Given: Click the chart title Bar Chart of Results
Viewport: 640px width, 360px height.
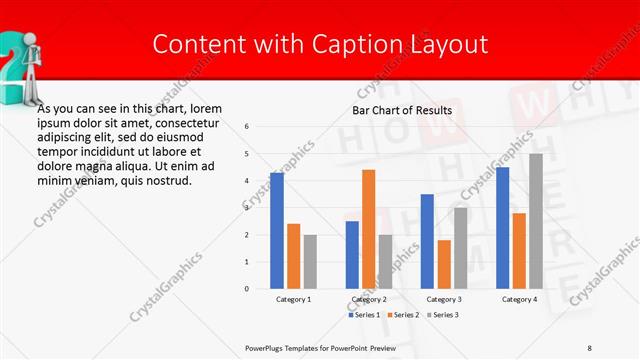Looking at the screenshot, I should pyautogui.click(x=401, y=110).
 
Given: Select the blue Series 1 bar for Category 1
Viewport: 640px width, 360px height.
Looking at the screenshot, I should pyautogui.click(x=277, y=231).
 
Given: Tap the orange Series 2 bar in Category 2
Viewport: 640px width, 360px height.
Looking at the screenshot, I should pyautogui.click(x=368, y=229).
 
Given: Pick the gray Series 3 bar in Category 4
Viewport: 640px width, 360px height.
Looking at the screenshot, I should pyautogui.click(x=536, y=221).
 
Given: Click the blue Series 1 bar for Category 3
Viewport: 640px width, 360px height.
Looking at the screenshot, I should pyautogui.click(x=427, y=241).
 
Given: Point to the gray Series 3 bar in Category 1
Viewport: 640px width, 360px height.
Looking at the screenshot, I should pyautogui.click(x=310, y=262).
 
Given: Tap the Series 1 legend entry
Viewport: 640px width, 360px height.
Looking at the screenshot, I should pyautogui.click(x=365, y=315).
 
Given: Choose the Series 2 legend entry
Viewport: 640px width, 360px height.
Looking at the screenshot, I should pyautogui.click(x=402, y=315).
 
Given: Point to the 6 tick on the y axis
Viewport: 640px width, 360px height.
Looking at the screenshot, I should pyautogui.click(x=247, y=127).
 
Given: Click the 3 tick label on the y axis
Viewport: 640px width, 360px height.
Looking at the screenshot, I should pyautogui.click(x=247, y=208).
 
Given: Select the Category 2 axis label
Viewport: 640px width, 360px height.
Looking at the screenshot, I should pyautogui.click(x=368, y=299).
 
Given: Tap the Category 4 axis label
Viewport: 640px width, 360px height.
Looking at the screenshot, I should pyautogui.click(x=519, y=299).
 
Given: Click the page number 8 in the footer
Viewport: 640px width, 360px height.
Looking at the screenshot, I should pyautogui.click(x=590, y=347).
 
